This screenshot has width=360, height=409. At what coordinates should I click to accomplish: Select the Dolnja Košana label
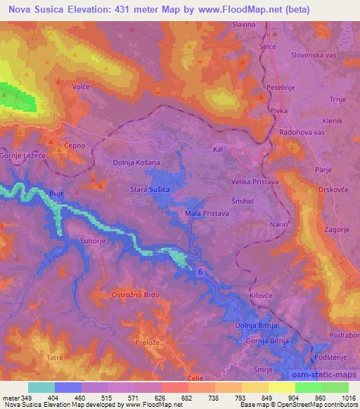click(x=136, y=162)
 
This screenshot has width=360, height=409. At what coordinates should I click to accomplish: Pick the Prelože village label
click(x=145, y=340)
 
